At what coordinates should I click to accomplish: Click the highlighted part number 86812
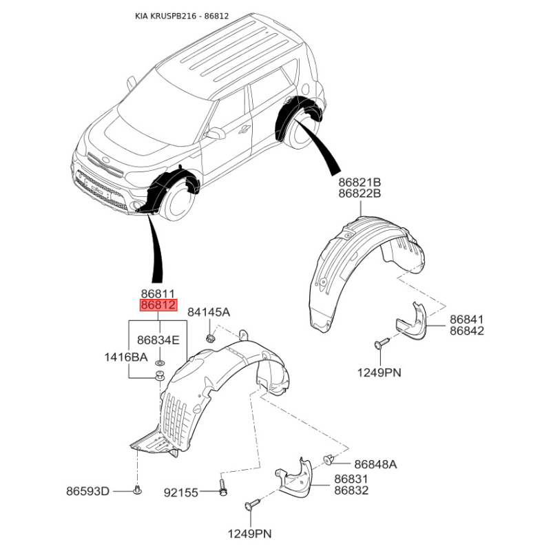pyautogui.click(x=158, y=305)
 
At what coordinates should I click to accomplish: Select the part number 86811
pyautogui.click(x=158, y=294)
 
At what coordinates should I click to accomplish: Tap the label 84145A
pyautogui.click(x=209, y=312)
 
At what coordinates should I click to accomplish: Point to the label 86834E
pyautogui.click(x=158, y=340)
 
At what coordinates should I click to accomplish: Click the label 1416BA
pyautogui.click(x=126, y=357)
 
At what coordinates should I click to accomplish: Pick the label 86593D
pyautogui.click(x=88, y=491)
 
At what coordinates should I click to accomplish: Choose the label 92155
pyautogui.click(x=181, y=492)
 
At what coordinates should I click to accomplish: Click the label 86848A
pyautogui.click(x=375, y=464)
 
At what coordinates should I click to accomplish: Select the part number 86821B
pyautogui.click(x=360, y=183)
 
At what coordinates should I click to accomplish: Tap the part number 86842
pyautogui.click(x=467, y=331)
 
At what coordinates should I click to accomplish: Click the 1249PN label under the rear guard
pyautogui.click(x=380, y=372)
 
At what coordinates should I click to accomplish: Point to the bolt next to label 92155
pyautogui.click(x=222, y=488)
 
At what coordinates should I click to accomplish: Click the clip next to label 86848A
pyautogui.click(x=329, y=459)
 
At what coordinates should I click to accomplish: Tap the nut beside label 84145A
pyautogui.click(x=210, y=339)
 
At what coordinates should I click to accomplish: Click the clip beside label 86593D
pyautogui.click(x=137, y=490)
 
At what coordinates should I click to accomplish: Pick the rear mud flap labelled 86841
pyautogui.click(x=412, y=322)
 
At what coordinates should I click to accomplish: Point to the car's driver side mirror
pyautogui.click(x=216, y=134)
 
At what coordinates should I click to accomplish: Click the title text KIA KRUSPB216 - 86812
pyautogui.click(x=182, y=16)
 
